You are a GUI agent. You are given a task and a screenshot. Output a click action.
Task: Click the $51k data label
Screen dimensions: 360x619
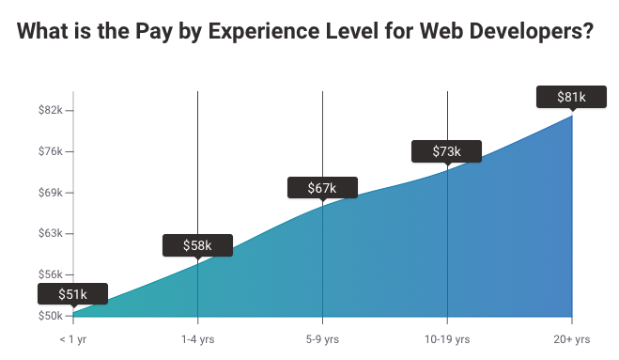pyautogui.click(x=73, y=294)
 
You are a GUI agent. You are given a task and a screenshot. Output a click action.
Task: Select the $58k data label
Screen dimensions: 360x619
pyautogui.click(x=197, y=245)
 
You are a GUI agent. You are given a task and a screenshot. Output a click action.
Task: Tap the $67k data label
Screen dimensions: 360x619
pyautogui.click(x=322, y=188)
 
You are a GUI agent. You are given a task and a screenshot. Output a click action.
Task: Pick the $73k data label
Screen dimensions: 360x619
pyautogui.click(x=447, y=151)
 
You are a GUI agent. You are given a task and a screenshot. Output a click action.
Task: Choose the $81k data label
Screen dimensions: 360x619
pyautogui.click(x=571, y=97)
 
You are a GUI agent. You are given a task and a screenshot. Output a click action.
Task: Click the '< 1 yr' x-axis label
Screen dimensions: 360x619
pyautogui.click(x=73, y=338)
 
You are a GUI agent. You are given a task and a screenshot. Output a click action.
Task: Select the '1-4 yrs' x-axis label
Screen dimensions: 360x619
pyautogui.click(x=197, y=338)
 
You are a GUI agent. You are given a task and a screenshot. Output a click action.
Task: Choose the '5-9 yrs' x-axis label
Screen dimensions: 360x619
pyautogui.click(x=322, y=338)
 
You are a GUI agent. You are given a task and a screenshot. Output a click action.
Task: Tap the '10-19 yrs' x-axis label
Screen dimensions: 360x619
pyautogui.click(x=447, y=338)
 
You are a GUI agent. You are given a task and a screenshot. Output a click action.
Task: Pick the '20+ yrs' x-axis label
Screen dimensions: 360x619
pyautogui.click(x=571, y=338)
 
